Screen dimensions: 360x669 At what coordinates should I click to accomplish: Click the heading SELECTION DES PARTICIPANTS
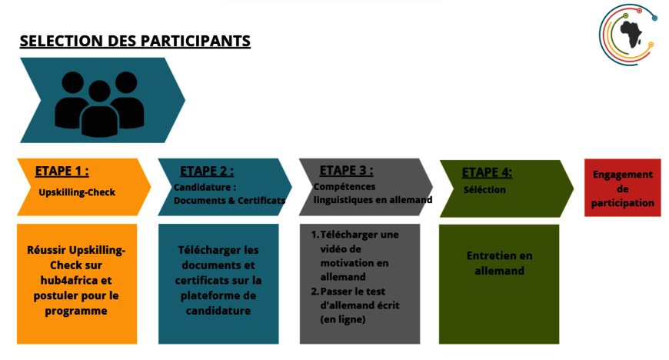(135, 42)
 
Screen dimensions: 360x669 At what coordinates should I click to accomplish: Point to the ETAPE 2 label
(207, 171)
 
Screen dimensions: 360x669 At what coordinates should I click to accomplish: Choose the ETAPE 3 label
(346, 170)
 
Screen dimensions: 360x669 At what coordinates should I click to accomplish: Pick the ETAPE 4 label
(487, 172)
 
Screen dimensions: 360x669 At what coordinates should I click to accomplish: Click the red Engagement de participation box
(623, 188)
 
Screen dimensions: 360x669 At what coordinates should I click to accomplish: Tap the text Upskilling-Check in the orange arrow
(77, 192)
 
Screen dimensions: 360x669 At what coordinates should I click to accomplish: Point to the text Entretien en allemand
(499, 263)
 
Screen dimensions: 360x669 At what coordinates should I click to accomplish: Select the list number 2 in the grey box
(315, 292)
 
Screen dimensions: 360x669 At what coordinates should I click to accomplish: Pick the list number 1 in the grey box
(315, 234)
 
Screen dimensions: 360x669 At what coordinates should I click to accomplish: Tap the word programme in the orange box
(76, 310)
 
